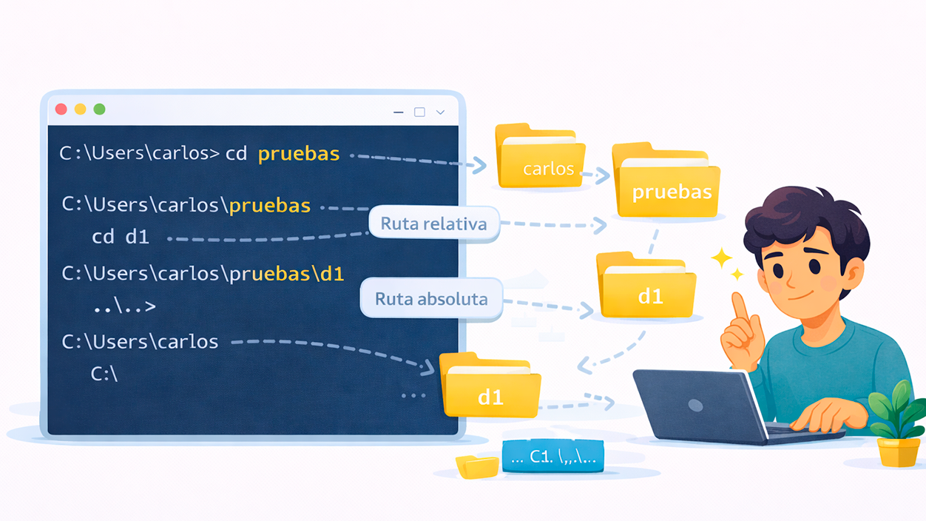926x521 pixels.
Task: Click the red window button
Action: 61,110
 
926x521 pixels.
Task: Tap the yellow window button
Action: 80,110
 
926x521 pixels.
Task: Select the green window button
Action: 99,110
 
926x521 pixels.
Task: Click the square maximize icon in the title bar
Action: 419,112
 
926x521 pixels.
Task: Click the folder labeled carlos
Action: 541,158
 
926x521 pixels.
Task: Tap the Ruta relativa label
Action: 433,223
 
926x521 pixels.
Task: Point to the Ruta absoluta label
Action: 431,299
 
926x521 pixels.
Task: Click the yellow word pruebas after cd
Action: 299,154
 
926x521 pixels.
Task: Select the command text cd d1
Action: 120,237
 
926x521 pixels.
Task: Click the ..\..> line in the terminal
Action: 124,306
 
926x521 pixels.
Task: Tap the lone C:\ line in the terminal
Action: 104,374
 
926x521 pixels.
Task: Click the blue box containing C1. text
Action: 552,457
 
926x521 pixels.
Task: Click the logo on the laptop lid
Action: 695,405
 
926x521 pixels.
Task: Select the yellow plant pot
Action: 898,451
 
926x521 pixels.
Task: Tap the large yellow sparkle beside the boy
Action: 721,258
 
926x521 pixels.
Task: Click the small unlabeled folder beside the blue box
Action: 477,467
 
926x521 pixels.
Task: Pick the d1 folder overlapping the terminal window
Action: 490,387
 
